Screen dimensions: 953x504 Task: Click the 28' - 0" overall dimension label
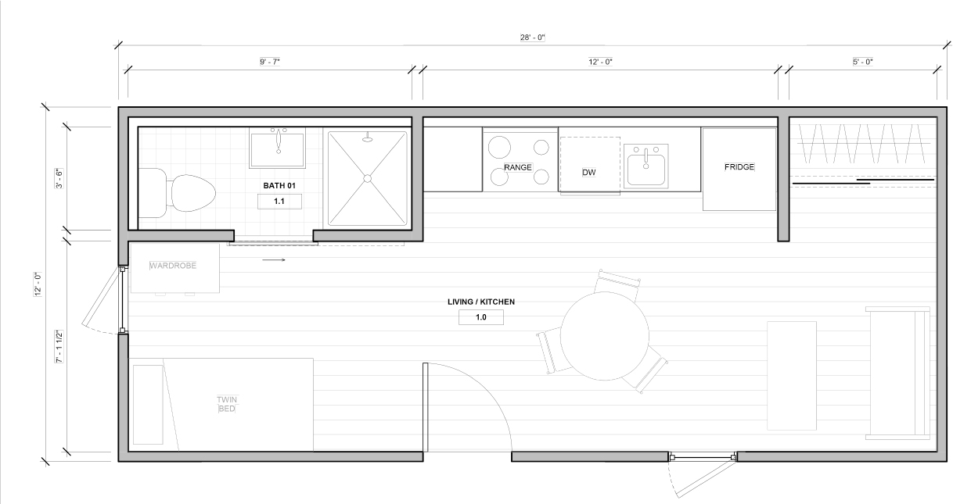[532, 38]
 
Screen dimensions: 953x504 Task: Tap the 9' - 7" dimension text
[270, 62]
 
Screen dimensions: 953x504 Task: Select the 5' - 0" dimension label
[863, 62]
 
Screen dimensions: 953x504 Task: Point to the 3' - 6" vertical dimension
[59, 178]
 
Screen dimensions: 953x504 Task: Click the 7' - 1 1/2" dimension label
[59, 346]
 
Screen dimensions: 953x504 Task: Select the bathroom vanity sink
[278, 148]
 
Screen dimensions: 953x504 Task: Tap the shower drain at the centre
[368, 178]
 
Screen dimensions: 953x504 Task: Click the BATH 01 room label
[279, 186]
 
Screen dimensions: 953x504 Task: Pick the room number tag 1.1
[279, 202]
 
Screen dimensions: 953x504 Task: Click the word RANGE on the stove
[518, 167]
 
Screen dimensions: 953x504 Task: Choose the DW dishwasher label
[589, 172]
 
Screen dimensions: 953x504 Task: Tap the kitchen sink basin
[646, 170]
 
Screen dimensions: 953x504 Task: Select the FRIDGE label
[739, 167]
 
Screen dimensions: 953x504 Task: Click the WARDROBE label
[173, 266]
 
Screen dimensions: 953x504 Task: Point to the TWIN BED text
[227, 404]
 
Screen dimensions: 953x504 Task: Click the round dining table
[605, 336]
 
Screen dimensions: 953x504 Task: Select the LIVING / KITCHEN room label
[481, 302]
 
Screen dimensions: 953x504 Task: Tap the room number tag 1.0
[481, 317]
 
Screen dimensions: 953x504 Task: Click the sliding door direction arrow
[274, 259]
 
